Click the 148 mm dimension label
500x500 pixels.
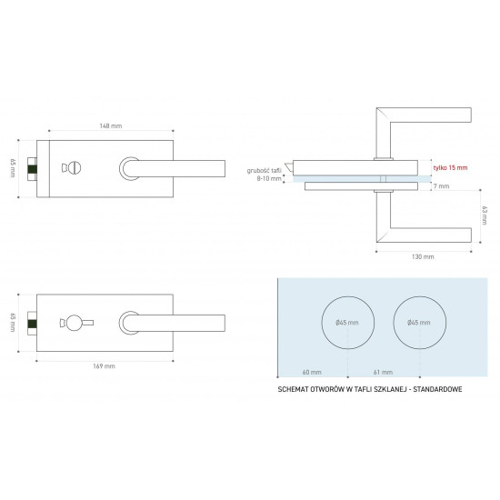pyautogui.click(x=111, y=126)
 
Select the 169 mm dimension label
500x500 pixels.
pyautogui.click(x=104, y=366)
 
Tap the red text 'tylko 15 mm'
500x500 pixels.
pyautogui.click(x=450, y=168)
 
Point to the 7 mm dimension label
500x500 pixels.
pyautogui.click(x=441, y=185)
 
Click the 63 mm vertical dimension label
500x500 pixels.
pyautogui.click(x=485, y=215)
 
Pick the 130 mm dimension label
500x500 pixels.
pyautogui.click(x=423, y=256)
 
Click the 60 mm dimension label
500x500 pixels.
pyautogui.click(x=312, y=372)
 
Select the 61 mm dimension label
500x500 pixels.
pyautogui.click(x=383, y=372)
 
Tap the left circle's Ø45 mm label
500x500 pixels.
pyautogui.click(x=347, y=323)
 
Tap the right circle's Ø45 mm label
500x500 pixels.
pyautogui.click(x=419, y=323)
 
